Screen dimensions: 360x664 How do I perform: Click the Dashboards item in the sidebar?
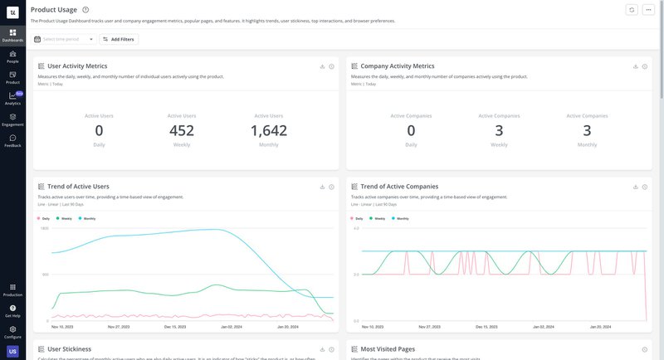[x=12, y=35]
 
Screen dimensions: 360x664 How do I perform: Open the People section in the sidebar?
[x=12, y=56]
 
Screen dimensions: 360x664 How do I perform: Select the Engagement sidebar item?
[x=12, y=119]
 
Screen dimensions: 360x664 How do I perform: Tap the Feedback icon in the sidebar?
[x=12, y=140]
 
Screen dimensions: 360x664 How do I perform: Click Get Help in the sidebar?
[x=12, y=311]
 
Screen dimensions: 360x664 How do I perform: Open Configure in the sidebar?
[x=12, y=332]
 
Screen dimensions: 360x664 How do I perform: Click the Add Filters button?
[x=119, y=39]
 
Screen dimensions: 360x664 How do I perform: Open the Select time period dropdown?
[x=64, y=39]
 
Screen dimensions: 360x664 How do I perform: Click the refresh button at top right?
[x=632, y=9]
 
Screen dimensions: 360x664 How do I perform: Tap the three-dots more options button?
[x=648, y=9]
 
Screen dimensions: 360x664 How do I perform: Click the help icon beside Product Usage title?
[x=85, y=9]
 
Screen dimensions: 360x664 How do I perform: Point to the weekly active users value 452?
[x=182, y=130]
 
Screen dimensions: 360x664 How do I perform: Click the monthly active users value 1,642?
[x=269, y=130]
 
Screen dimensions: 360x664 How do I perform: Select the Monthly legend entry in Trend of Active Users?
[x=87, y=218]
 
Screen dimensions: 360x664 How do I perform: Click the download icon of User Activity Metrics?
[x=320, y=66]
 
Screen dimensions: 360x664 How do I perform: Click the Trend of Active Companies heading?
[x=399, y=187]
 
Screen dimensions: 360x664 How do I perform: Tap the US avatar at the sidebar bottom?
[x=12, y=352]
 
